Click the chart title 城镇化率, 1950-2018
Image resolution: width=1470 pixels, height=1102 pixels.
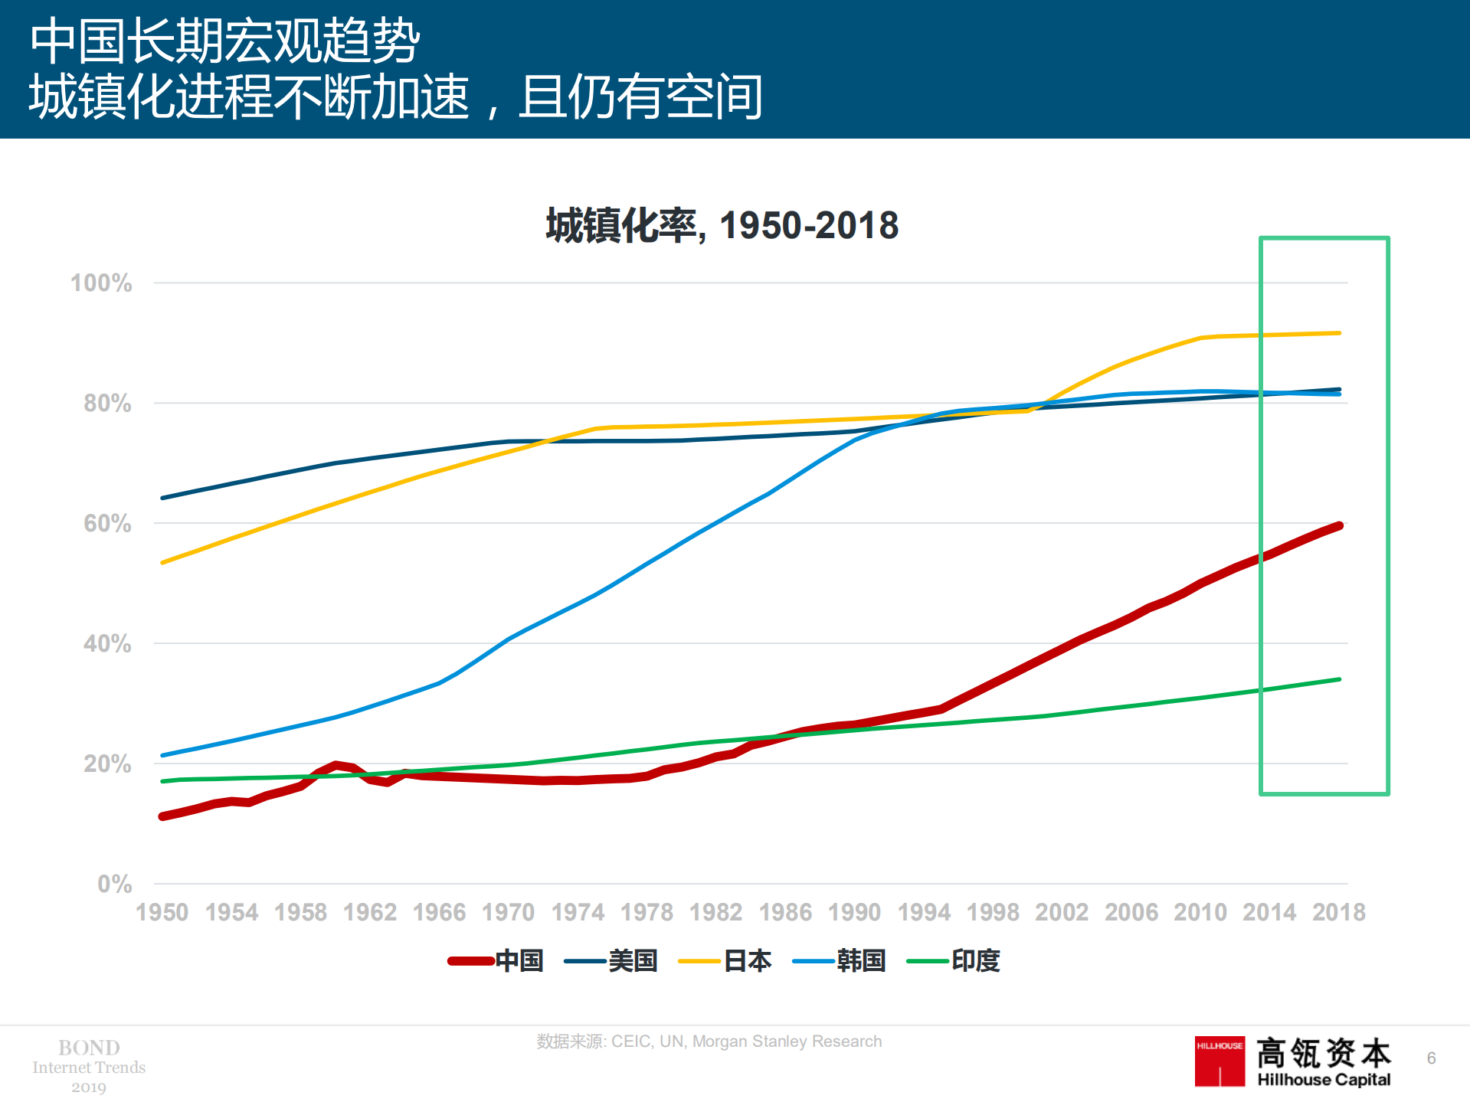722,226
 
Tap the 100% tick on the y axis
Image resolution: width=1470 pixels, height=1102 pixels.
101,283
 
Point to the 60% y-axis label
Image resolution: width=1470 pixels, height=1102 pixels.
107,524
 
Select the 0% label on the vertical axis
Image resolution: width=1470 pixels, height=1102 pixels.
114,885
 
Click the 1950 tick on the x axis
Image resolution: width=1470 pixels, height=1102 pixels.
162,912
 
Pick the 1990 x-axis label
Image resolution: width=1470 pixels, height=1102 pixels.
854,912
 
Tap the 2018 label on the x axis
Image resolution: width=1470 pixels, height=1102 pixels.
1338,912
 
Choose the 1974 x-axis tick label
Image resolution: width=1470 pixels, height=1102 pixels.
578,912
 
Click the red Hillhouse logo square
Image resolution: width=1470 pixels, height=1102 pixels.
1220,1061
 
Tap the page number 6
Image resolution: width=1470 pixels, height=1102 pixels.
1431,1058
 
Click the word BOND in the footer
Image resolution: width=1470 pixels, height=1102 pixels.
89,1047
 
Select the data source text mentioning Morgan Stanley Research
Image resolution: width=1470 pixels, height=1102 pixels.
709,1042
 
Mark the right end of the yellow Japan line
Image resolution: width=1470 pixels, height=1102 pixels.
1339,333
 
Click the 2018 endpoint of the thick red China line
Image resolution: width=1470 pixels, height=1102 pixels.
1339,526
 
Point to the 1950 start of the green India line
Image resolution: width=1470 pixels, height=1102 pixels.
163,781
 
